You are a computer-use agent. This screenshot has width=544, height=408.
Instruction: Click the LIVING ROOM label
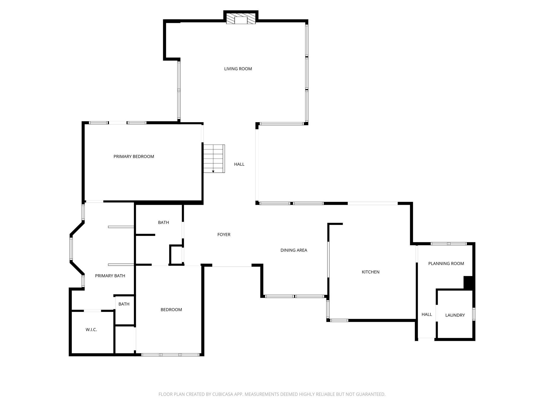pyautogui.click(x=238, y=69)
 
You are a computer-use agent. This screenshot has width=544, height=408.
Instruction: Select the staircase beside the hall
pyautogui.click(x=214, y=159)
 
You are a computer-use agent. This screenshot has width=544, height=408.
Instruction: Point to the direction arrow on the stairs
pyautogui.click(x=213, y=172)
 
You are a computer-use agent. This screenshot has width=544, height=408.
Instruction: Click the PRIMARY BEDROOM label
pyautogui.click(x=134, y=156)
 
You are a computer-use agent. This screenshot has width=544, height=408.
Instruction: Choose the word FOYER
pyautogui.click(x=224, y=235)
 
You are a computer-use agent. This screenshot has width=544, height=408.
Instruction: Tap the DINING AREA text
pyautogui.click(x=294, y=250)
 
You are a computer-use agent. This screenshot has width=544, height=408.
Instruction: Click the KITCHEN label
pyautogui.click(x=370, y=272)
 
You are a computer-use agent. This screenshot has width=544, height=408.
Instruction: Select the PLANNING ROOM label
pyautogui.click(x=446, y=263)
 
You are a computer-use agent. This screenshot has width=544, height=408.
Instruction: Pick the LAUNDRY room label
pyautogui.click(x=455, y=315)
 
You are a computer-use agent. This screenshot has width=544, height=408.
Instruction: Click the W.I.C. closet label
pyautogui.click(x=91, y=330)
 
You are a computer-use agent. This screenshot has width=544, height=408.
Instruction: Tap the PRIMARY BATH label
pyautogui.click(x=110, y=276)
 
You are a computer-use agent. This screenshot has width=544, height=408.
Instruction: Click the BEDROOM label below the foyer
pyautogui.click(x=171, y=310)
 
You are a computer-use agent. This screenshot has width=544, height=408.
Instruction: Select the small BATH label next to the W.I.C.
pyautogui.click(x=124, y=304)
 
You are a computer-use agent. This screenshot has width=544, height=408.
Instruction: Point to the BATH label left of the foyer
pyautogui.click(x=163, y=223)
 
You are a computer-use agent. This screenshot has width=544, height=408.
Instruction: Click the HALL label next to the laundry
pyautogui.click(x=427, y=314)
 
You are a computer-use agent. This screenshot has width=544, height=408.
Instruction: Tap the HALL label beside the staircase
pyautogui.click(x=239, y=164)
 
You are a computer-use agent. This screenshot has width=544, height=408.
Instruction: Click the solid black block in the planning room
pyautogui.click(x=469, y=283)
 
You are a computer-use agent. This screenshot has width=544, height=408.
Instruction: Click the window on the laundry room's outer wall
pyautogui.click(x=474, y=314)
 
